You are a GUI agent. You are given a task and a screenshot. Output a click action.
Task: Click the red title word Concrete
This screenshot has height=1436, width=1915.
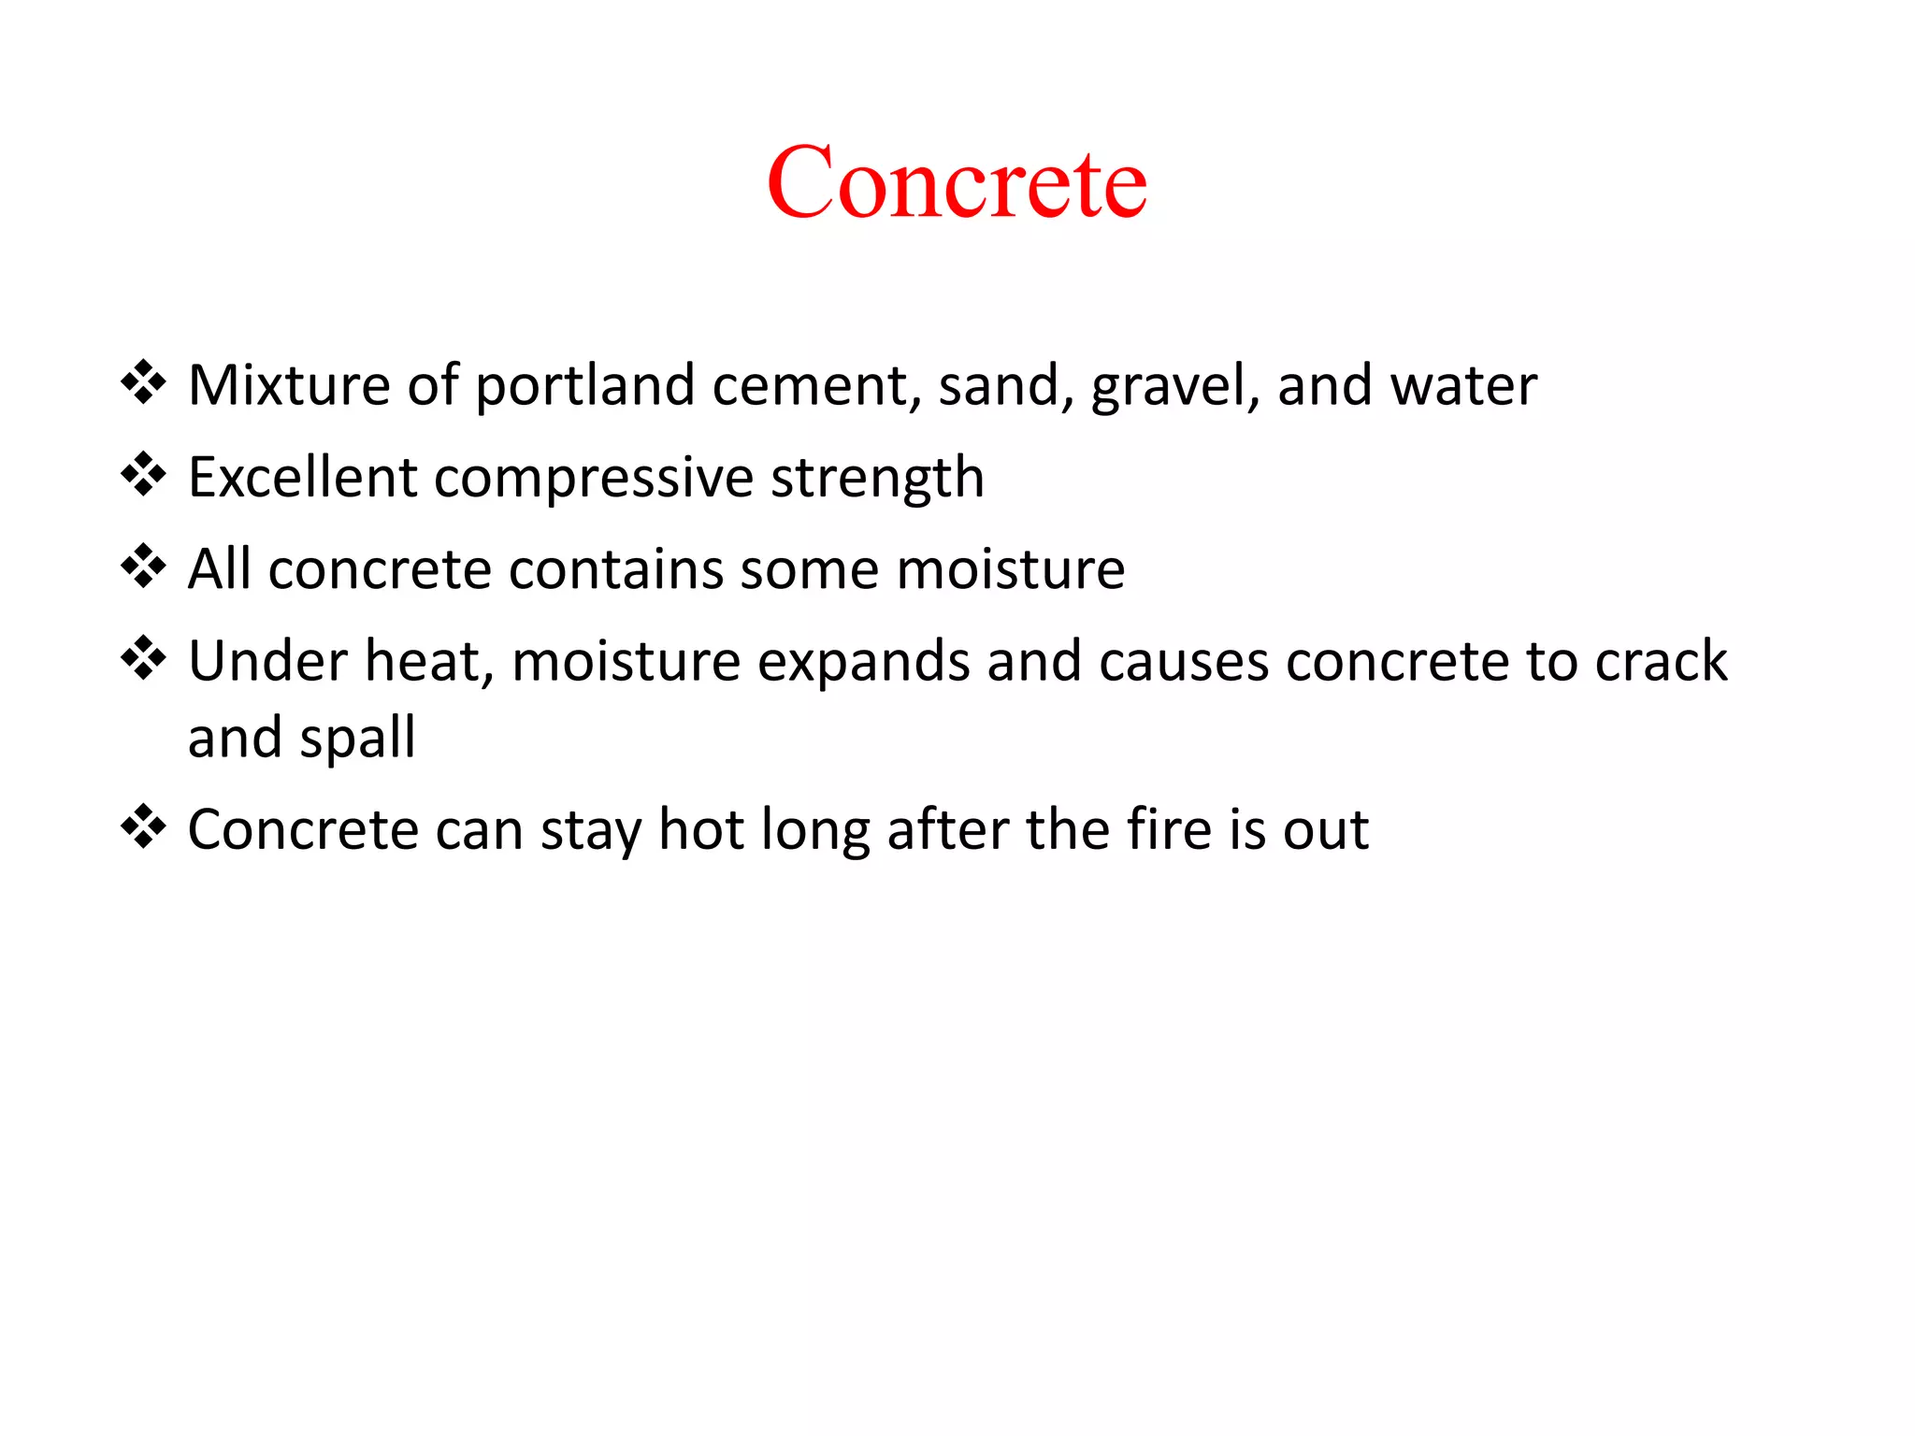point(957,182)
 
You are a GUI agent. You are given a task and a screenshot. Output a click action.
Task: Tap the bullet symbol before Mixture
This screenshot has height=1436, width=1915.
point(143,382)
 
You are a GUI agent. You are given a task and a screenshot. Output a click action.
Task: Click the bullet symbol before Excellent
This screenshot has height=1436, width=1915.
point(143,474)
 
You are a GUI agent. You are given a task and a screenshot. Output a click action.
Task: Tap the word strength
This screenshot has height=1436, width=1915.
point(877,479)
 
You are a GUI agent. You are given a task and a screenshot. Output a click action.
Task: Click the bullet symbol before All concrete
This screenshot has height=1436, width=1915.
point(143,566)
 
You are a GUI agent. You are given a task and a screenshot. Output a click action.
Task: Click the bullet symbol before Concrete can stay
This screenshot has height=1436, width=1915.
point(143,826)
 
